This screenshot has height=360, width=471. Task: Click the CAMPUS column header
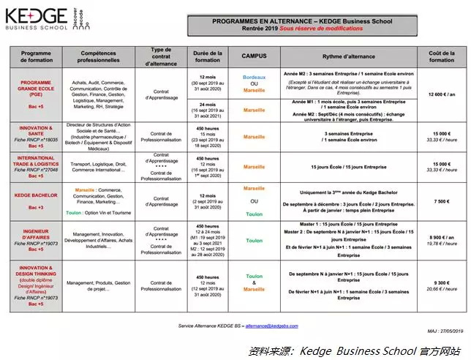(x=254, y=56)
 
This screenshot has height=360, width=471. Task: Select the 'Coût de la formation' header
(x=441, y=56)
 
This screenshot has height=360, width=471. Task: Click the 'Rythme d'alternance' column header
(x=350, y=56)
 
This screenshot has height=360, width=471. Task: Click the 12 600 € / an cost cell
(x=441, y=94)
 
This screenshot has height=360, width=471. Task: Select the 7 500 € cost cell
(x=441, y=201)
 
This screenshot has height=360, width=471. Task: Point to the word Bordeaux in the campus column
(x=254, y=76)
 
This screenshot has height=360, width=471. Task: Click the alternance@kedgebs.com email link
(x=271, y=326)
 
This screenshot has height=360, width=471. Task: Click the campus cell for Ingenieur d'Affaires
(x=254, y=240)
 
